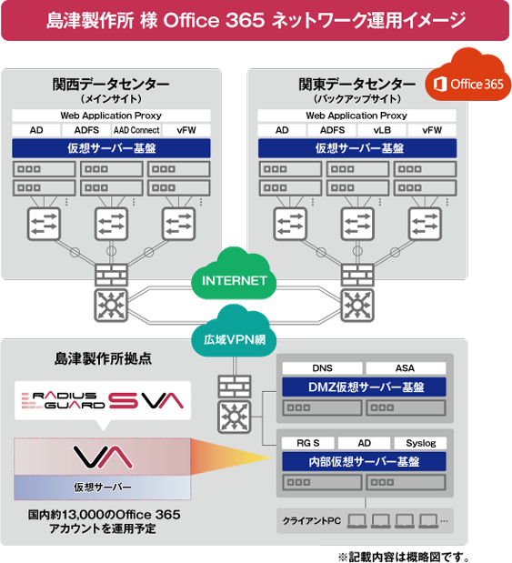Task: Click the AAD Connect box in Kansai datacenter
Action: click(x=136, y=130)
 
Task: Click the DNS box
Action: click(x=321, y=368)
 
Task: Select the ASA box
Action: click(x=405, y=368)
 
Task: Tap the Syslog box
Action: click(x=421, y=443)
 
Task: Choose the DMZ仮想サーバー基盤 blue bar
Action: click(x=362, y=387)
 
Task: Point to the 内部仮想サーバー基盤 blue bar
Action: click(x=362, y=462)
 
